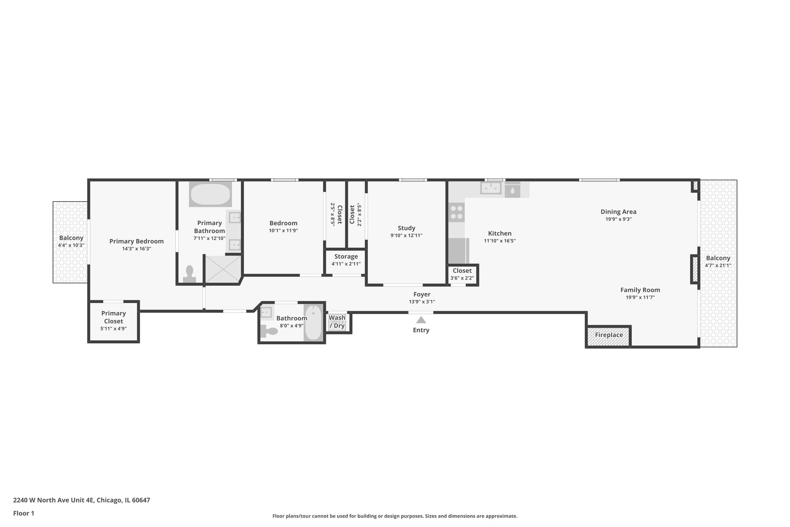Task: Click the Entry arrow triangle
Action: click(x=421, y=320)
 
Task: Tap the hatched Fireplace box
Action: click(x=608, y=335)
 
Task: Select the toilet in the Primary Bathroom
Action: click(x=189, y=275)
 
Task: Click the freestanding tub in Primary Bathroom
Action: click(x=210, y=194)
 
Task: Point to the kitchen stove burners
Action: click(x=457, y=212)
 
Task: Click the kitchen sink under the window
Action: click(x=491, y=188)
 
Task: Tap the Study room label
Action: click(x=406, y=228)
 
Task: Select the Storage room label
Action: click(x=346, y=256)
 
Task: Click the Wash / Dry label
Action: click(x=337, y=322)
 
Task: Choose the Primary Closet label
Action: click(x=113, y=317)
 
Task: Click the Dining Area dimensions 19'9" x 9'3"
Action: click(x=618, y=219)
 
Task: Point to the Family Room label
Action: click(x=640, y=290)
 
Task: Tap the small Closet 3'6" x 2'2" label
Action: click(x=462, y=271)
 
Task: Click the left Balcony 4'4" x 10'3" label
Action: click(x=71, y=238)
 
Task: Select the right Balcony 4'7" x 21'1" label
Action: click(x=718, y=258)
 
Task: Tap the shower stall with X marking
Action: click(x=223, y=269)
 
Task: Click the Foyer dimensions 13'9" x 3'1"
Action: click(x=422, y=302)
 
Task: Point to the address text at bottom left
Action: click(x=81, y=500)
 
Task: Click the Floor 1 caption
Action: click(x=24, y=513)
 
